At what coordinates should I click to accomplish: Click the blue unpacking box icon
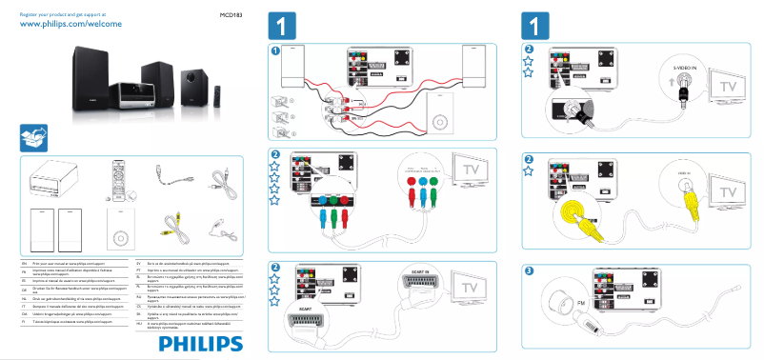(35, 138)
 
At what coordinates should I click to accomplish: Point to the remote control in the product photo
(217, 95)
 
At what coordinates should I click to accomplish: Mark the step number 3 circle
(530, 270)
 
